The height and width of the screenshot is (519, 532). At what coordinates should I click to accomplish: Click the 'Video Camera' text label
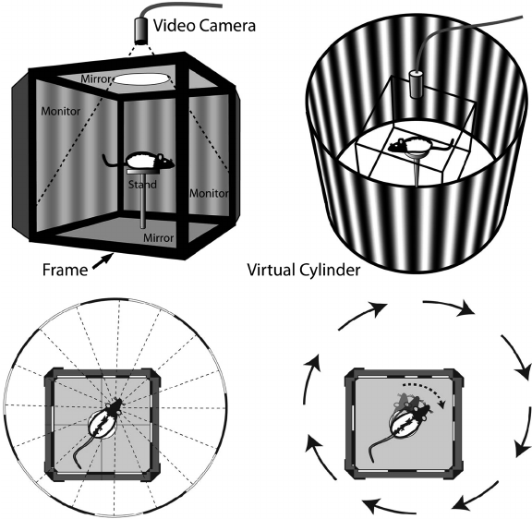coord(204,26)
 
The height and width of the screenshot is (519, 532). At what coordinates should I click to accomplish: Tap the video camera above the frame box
coord(142,30)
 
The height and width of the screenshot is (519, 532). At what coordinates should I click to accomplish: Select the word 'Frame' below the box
coord(65,270)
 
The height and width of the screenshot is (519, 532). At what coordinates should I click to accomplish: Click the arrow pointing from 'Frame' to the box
coord(103,261)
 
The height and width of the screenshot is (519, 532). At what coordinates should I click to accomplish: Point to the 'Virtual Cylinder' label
coord(303,270)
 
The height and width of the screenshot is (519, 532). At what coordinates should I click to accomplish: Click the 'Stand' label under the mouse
coord(142,185)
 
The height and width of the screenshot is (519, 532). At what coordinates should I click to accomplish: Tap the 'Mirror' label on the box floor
coord(159,237)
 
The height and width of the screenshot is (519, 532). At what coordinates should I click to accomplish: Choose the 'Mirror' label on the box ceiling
coord(96,79)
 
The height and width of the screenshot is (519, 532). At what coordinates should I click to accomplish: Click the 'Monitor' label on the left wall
coord(61,111)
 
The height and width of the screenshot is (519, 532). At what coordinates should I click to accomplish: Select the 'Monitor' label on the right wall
coord(209,193)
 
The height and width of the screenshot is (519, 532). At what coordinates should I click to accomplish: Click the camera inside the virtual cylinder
coord(416,84)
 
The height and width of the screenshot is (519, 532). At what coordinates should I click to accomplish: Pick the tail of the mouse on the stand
coord(114,161)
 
